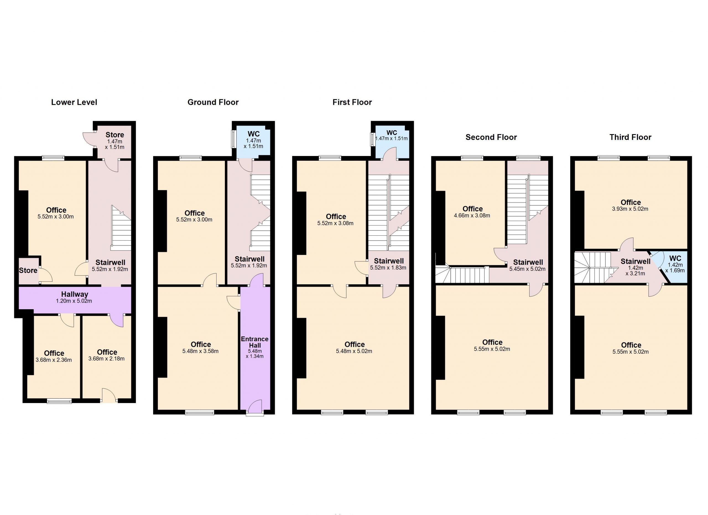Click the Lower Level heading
tap(74, 102)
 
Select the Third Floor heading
tap(630, 137)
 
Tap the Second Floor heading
tap(491, 137)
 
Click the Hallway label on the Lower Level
tap(75, 294)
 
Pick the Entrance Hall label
tap(255, 342)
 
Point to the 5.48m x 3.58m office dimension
tap(201, 351)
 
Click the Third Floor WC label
tap(675, 258)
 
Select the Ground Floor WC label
tap(254, 134)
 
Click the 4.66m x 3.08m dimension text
tap(472, 216)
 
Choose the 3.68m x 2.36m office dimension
tap(54, 360)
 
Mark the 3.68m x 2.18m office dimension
tap(106, 359)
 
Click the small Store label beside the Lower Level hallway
tap(28, 270)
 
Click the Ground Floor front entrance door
tap(255, 408)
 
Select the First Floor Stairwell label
tap(389, 261)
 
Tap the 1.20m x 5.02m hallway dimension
tap(74, 301)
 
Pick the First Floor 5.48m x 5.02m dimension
tap(354, 351)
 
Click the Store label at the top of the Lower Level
tap(114, 135)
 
